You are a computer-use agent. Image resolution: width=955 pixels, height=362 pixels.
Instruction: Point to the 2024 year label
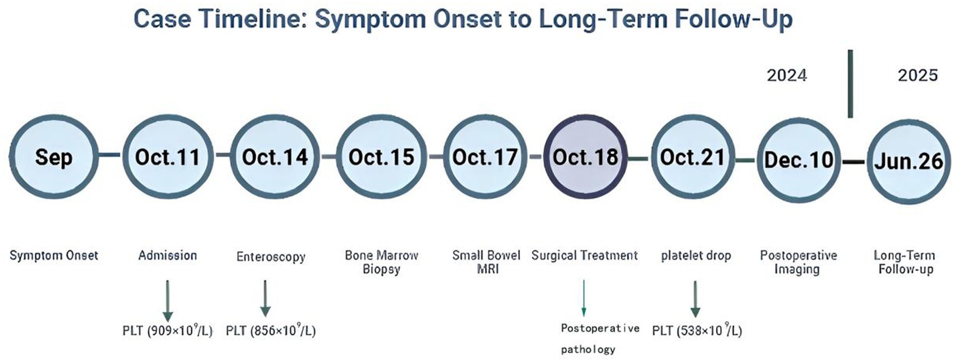tap(787, 75)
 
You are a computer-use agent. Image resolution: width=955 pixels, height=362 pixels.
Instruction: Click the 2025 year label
tap(918, 75)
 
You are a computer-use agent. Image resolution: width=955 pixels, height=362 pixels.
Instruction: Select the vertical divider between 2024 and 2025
tap(850, 83)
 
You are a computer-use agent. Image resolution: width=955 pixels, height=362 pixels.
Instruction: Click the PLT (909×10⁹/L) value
tap(168, 330)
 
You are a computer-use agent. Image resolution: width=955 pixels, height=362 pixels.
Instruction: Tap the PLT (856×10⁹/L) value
tap(271, 330)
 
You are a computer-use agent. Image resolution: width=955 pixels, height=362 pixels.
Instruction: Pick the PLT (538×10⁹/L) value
tap(697, 330)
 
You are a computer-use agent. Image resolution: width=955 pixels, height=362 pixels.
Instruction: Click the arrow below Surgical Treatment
tap(583, 298)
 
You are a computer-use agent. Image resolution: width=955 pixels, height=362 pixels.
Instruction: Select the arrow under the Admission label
tap(168, 300)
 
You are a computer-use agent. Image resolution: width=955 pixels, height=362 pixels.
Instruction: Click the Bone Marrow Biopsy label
tap(382, 262)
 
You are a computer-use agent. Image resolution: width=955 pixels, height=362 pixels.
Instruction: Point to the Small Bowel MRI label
tap(487, 262)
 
